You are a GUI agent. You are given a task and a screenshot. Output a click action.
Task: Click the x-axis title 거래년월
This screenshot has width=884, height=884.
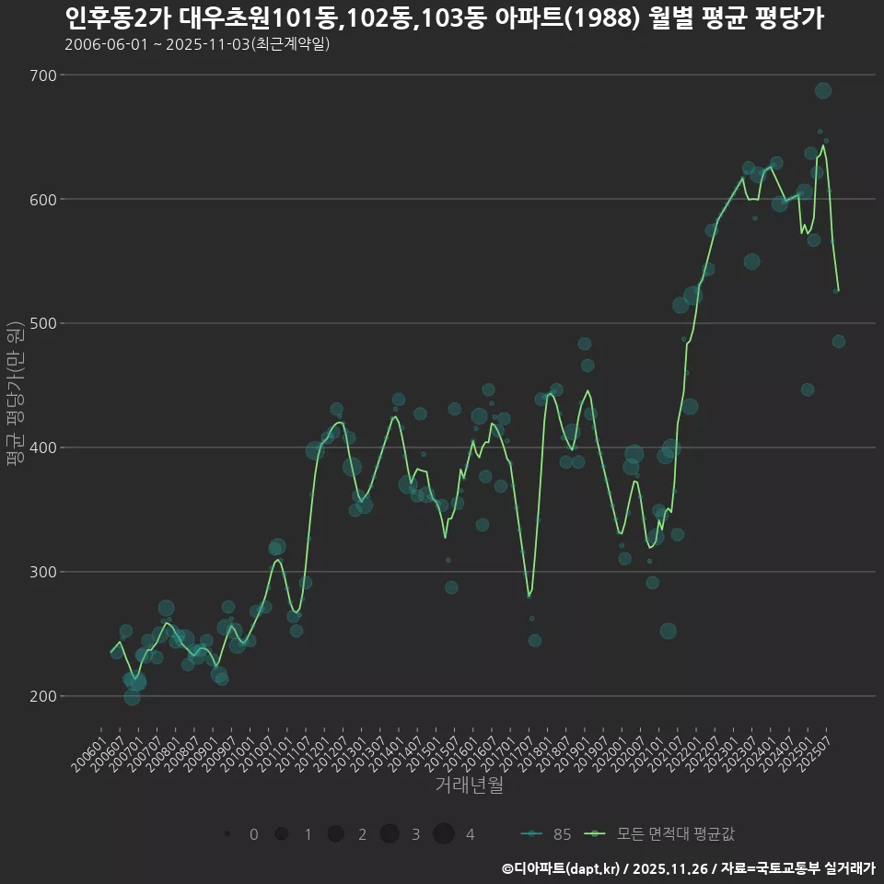(469, 785)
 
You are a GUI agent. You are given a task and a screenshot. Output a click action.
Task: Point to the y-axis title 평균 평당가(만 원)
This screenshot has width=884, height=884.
(15, 395)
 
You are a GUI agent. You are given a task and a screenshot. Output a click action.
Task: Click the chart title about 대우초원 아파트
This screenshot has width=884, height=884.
(445, 17)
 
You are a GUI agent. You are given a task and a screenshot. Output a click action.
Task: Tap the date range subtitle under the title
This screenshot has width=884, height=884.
(197, 44)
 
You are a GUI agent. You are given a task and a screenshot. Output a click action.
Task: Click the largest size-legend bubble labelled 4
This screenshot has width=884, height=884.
(444, 834)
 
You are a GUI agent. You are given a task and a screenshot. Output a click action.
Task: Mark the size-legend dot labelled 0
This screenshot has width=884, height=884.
(227, 834)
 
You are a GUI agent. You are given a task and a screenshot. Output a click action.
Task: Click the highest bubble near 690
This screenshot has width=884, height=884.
(823, 90)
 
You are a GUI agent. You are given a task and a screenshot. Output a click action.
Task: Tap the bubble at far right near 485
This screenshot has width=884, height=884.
(838, 342)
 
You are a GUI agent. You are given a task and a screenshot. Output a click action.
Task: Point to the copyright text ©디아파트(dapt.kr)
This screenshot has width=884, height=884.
(561, 867)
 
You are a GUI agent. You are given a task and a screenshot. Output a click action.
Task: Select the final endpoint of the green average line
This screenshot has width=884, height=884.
(838, 291)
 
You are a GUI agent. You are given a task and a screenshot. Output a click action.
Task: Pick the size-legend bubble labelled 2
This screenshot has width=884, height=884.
(335, 834)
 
